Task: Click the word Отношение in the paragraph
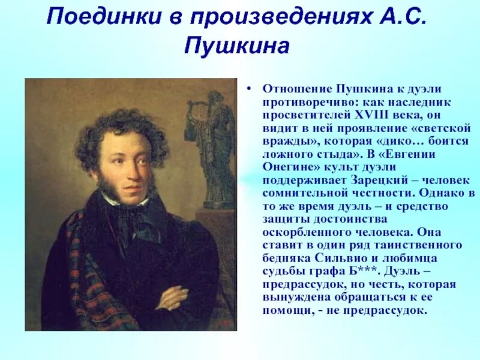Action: click(x=289, y=88)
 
